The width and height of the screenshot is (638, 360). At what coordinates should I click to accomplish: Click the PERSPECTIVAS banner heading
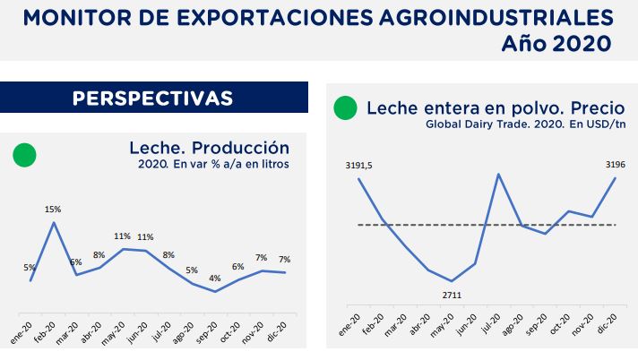point(152,98)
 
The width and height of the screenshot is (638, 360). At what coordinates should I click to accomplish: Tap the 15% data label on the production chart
point(54,209)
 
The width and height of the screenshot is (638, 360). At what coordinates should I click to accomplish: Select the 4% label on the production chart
point(215,278)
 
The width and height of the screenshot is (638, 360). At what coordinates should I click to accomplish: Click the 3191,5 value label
point(358,165)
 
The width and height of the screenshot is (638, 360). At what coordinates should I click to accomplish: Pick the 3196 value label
point(615,165)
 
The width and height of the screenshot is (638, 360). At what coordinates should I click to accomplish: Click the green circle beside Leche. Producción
point(24,155)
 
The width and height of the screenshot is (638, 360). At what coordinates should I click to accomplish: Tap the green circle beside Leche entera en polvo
point(344,108)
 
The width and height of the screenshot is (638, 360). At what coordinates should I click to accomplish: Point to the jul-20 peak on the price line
point(498,174)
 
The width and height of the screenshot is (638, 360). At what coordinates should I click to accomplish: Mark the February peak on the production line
point(54,222)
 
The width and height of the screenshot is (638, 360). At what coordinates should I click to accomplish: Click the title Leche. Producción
point(209,148)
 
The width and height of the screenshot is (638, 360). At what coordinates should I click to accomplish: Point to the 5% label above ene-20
point(30,267)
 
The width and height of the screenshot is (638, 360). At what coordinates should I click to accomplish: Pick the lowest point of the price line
point(453,281)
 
